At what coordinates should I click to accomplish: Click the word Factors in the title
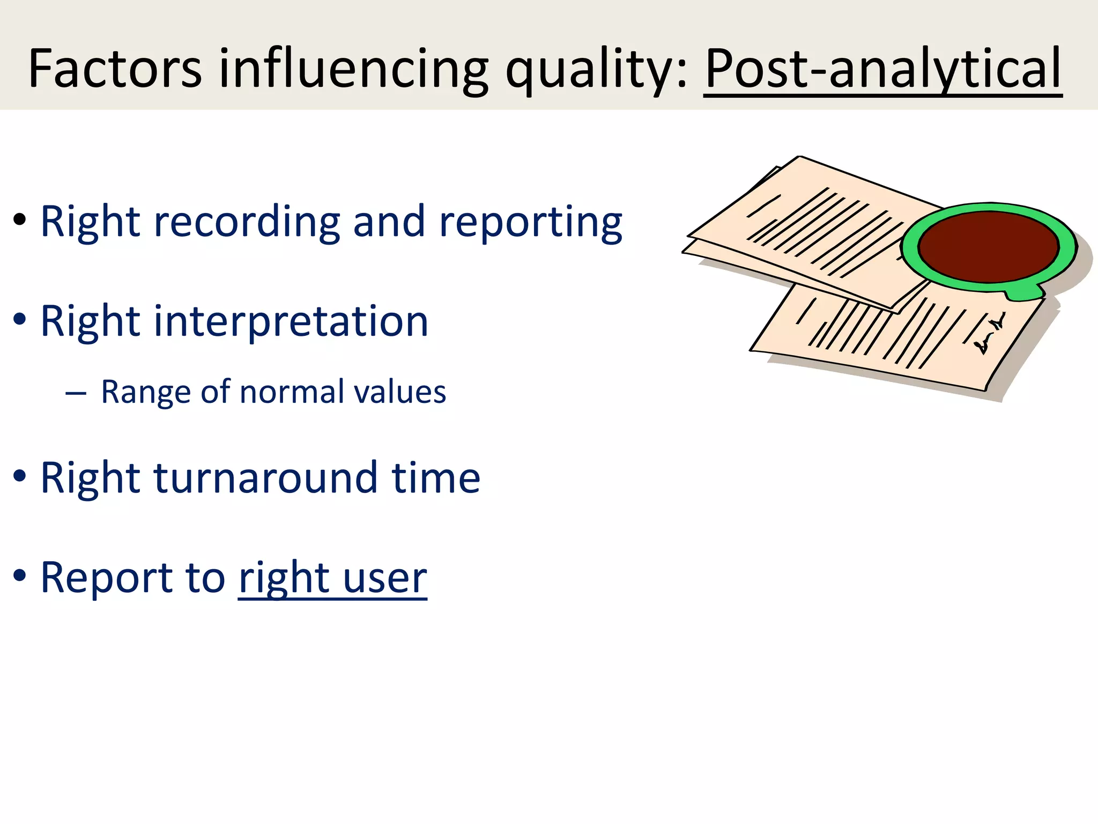pyautogui.click(x=115, y=69)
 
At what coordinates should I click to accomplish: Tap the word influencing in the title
pyautogui.click(x=353, y=69)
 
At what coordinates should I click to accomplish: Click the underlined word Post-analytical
pyautogui.click(x=882, y=69)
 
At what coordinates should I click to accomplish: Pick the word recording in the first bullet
pyautogui.click(x=247, y=222)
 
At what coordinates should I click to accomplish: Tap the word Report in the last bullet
pyautogui.click(x=106, y=577)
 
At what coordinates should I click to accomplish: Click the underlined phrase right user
pyautogui.click(x=332, y=577)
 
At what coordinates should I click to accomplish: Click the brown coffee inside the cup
pyautogui.click(x=988, y=246)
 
